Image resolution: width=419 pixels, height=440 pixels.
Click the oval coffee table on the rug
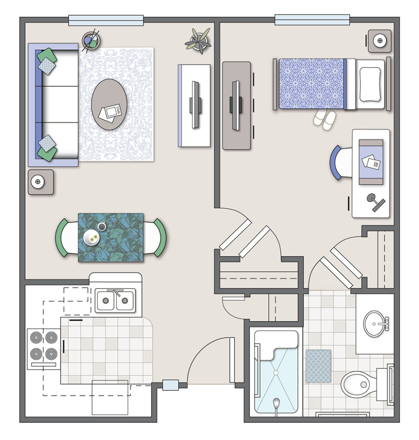pos(109,104)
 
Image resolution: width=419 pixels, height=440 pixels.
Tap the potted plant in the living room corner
pos(198,41)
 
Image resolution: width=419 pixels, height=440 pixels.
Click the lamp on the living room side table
pos(38,182)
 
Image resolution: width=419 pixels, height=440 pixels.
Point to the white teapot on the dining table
pos(91,238)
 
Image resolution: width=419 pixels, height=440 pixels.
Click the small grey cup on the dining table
pos(102,226)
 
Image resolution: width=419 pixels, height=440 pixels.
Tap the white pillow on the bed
pos(370,84)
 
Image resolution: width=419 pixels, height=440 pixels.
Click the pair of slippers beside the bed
pos(325,120)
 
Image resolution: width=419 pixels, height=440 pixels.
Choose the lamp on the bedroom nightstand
pos(380,41)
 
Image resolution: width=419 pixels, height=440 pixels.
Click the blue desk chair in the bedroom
pos(341,162)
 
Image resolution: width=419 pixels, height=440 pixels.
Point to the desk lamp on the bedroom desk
pos(376,202)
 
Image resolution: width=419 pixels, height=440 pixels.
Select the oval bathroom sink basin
pos(374,324)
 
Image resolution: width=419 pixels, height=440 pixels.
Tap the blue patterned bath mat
pos(318,366)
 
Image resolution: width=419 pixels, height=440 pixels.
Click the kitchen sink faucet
pos(116,292)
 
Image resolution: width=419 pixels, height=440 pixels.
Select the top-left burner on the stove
pos(36,337)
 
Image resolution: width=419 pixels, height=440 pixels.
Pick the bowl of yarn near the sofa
pos(91,41)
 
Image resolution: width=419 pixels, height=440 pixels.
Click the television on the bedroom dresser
pos(236,106)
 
